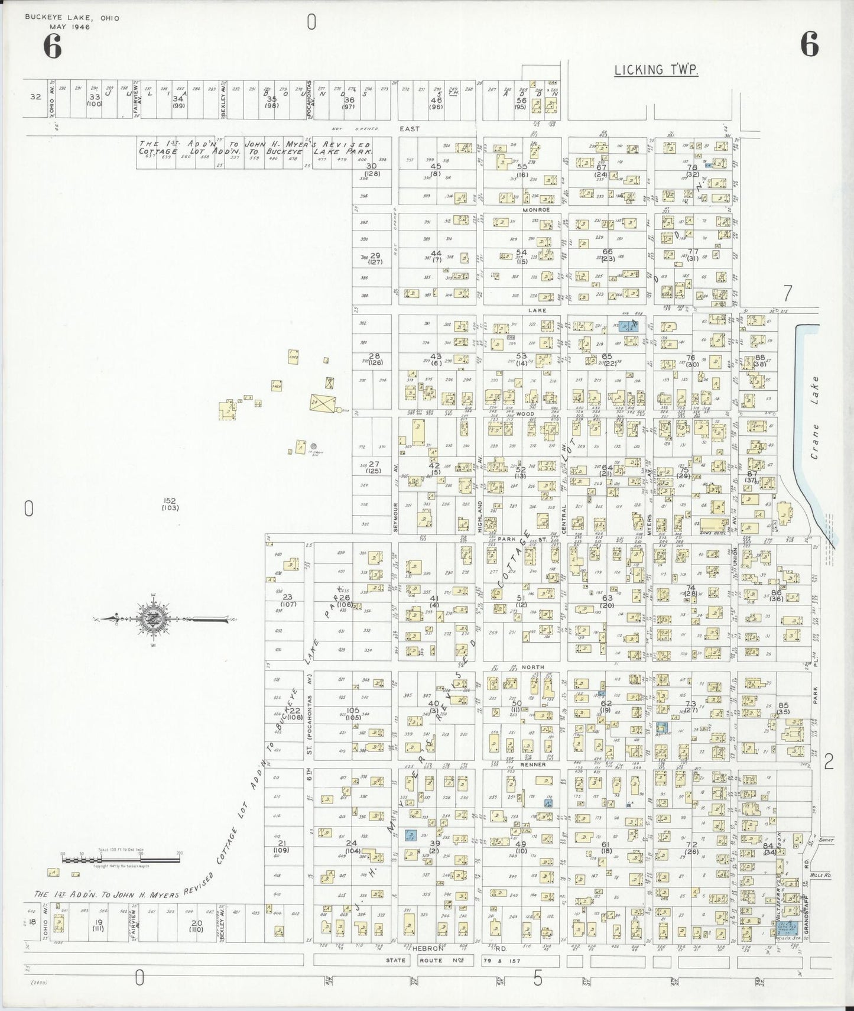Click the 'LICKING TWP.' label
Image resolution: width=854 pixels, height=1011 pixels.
coord(656,70)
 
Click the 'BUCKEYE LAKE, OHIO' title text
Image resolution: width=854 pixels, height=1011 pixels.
coord(72,18)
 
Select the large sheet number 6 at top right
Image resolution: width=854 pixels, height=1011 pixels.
coord(809,45)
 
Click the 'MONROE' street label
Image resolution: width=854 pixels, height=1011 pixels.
coord(536,210)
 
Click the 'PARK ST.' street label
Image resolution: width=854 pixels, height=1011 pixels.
coord(511,539)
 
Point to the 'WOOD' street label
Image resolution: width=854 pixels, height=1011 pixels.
coord(525,414)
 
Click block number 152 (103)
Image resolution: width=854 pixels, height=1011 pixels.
coord(170,504)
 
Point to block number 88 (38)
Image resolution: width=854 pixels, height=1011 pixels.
coord(760,361)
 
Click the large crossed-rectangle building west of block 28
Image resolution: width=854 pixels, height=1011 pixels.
coord(322,403)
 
